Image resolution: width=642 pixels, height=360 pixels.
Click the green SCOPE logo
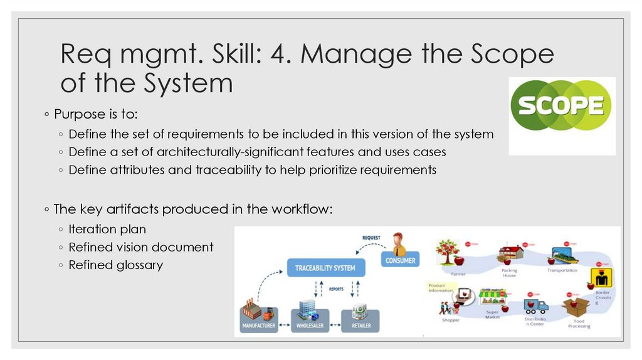[561, 106]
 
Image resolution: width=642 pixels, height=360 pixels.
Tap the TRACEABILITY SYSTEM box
[325, 268]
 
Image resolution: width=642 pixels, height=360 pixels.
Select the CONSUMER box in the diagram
[400, 260]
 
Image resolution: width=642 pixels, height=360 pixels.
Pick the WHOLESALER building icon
[307, 311]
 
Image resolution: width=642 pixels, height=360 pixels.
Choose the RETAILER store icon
[360, 312]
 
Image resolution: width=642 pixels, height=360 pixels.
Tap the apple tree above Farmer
[448, 252]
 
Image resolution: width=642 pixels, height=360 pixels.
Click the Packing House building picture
[509, 254]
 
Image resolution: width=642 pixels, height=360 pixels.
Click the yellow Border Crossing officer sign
[603, 275]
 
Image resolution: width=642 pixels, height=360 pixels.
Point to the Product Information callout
[441, 287]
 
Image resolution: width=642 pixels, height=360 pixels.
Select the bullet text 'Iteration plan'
[107, 230]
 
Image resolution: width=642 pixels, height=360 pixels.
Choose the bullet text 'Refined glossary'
[115, 265]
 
